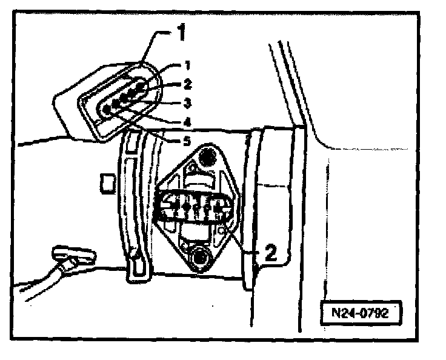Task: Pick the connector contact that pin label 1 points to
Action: coord(141,87)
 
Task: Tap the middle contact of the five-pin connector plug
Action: coord(124,99)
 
